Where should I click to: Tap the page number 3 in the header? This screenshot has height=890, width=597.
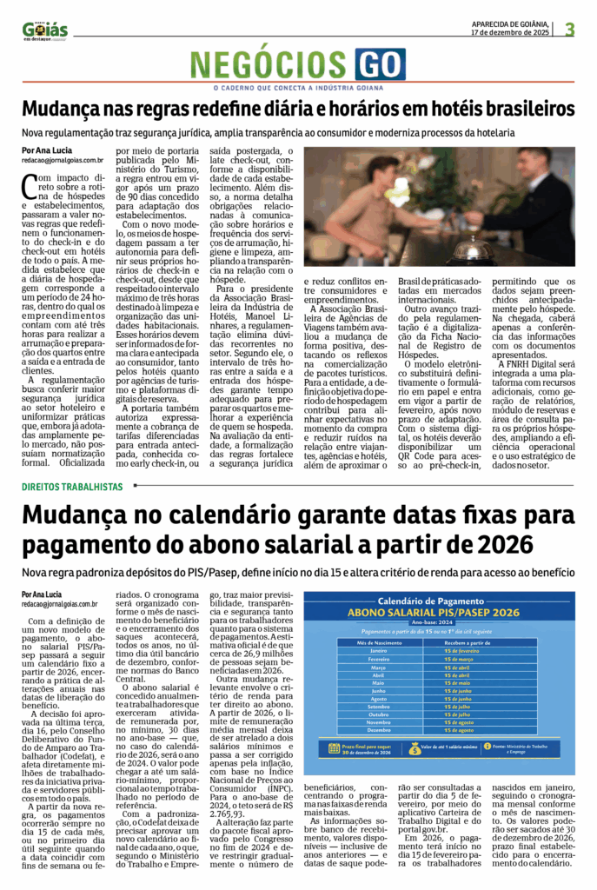click(570, 29)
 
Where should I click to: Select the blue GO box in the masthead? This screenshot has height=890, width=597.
click(379, 64)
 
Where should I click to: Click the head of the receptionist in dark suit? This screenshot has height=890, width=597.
click(531, 163)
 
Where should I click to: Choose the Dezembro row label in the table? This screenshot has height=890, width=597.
click(378, 730)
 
